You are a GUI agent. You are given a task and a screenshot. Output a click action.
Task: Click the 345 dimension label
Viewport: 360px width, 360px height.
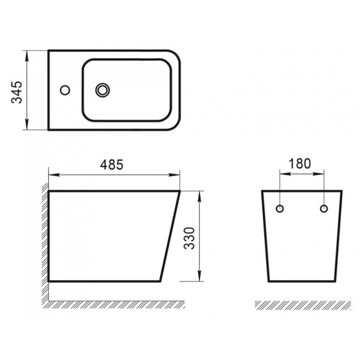tap(18, 90)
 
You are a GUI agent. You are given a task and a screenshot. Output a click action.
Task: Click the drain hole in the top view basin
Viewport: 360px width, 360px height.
tap(103, 91)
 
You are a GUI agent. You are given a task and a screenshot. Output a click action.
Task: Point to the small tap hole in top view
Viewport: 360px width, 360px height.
tap(65, 91)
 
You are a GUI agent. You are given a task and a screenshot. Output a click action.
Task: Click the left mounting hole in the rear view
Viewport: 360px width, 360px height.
tap(280, 209)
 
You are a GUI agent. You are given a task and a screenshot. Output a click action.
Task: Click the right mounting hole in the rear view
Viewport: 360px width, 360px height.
tap(324, 209)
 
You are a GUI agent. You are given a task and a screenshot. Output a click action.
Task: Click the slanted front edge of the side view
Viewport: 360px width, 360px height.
tap(171, 237)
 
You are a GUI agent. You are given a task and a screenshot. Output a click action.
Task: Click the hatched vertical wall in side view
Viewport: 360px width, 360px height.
tap(44, 240)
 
